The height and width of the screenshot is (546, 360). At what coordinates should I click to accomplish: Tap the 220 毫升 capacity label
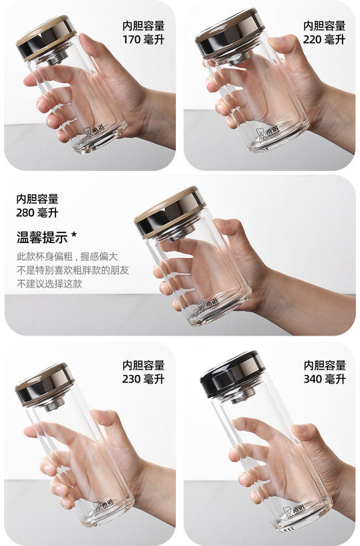click(324, 39)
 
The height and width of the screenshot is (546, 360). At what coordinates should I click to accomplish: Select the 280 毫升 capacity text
click(37, 213)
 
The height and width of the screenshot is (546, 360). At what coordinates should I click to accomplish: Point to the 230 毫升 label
click(144, 379)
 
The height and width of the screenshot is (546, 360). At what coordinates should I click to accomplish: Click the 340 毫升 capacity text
click(324, 379)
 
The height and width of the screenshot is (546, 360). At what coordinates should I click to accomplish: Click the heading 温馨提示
click(42, 237)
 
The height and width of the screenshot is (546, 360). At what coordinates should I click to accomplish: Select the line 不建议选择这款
click(49, 284)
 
